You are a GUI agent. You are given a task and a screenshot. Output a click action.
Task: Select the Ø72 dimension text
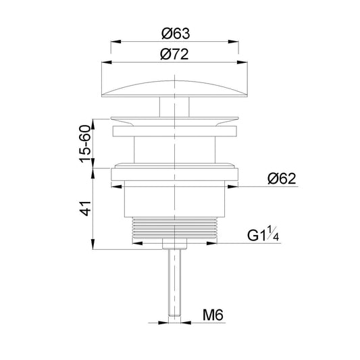pos(174,54)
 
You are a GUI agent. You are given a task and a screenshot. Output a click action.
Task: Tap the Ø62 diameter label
pos(282,178)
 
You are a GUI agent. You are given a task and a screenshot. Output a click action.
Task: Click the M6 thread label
pos(215,314)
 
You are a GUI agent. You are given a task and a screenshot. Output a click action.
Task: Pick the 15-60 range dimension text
pos(86,143)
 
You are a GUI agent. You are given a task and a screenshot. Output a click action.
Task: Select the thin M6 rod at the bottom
pos(175,284)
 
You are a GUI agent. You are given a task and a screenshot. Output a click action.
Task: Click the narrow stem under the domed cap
pos(175,107)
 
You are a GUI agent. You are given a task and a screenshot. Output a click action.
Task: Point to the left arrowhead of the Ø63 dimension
pos(113,42)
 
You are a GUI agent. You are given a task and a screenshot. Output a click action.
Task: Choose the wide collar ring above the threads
pos(175,174)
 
